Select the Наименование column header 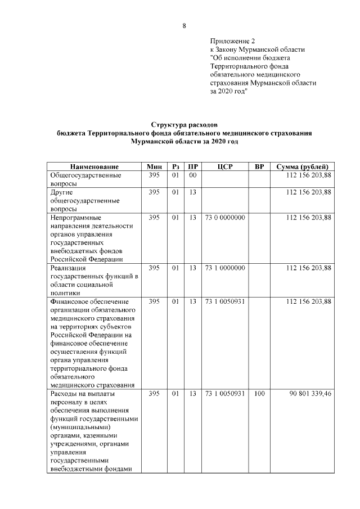[x=94, y=167]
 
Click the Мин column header [x=154, y=167]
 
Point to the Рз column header [x=175, y=167]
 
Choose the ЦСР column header [x=224, y=167]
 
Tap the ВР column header [x=259, y=167]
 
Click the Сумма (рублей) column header [x=303, y=167]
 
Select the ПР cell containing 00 [x=192, y=175]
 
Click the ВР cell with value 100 [x=259, y=394]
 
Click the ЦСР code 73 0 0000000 [x=224, y=217]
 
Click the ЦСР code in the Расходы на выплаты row [x=224, y=394]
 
